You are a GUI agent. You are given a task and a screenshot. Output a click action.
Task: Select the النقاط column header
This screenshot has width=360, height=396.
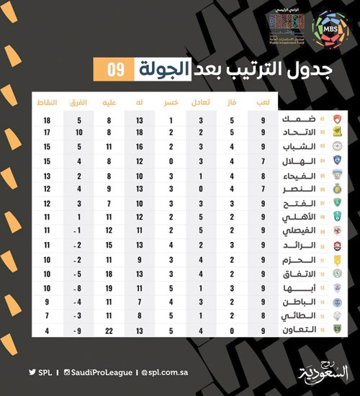point(46,102)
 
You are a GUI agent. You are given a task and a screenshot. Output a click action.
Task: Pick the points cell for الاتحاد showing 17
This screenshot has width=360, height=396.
point(46,133)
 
